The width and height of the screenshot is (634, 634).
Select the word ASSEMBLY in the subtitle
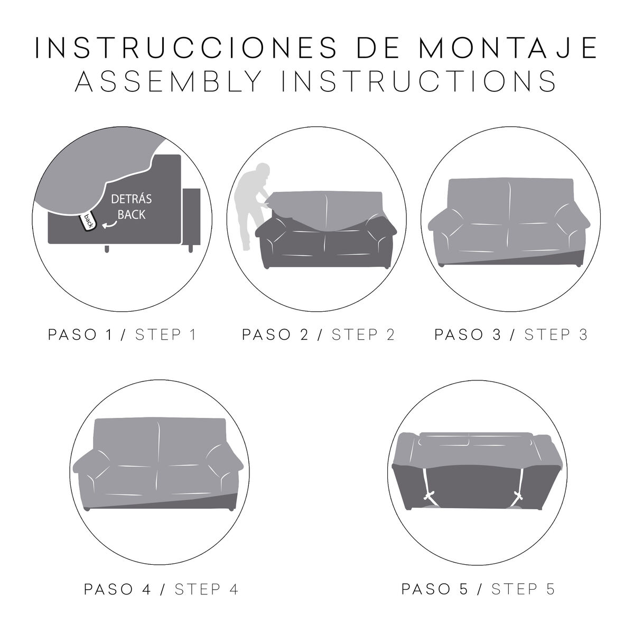pyautogui.click(x=169, y=82)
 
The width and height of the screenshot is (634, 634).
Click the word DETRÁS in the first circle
pyautogui.click(x=130, y=200)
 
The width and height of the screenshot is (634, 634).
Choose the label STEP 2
pyautogui.click(x=363, y=335)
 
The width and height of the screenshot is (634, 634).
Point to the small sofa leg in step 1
pyautogui.click(x=107, y=248)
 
